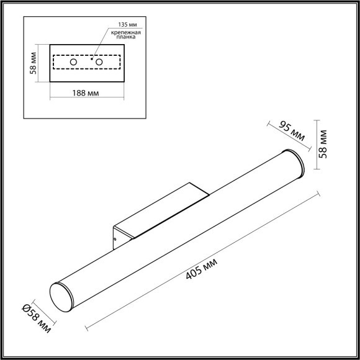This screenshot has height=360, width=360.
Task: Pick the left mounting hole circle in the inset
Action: (73, 63)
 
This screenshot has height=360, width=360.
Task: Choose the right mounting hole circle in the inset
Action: (97, 63)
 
